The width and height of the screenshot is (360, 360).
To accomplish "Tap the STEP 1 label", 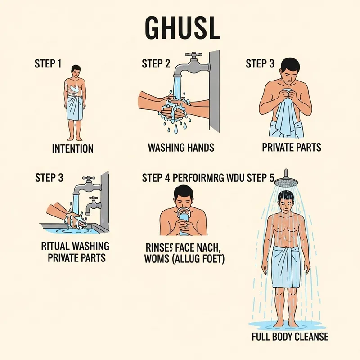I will coord(48,63).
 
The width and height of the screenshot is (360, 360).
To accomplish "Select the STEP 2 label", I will coord(156,63).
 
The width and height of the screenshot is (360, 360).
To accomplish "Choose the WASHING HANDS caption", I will coord(181,148).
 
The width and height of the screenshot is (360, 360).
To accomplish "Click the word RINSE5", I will coord(157,247).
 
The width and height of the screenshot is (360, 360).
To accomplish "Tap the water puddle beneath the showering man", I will coord(287,324).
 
